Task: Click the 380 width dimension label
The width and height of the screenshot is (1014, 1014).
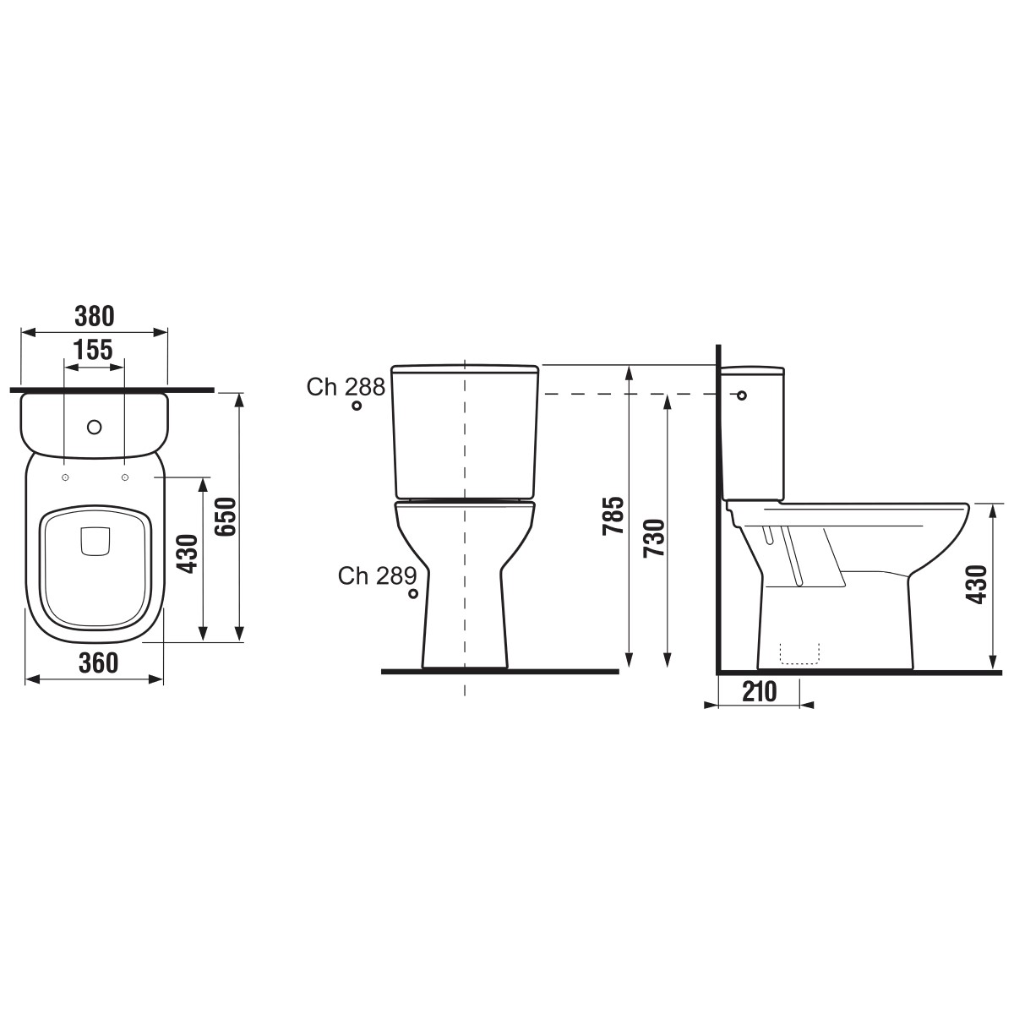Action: (x=94, y=316)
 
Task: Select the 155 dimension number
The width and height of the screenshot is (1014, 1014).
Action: (x=93, y=349)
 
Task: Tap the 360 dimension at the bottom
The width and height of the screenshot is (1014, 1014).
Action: (x=98, y=663)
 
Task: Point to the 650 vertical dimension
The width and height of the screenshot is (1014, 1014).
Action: (x=226, y=517)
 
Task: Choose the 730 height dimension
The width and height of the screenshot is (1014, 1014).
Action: (x=654, y=537)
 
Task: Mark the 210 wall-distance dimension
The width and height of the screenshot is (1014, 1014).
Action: (x=760, y=692)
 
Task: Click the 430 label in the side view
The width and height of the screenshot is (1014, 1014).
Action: (x=977, y=584)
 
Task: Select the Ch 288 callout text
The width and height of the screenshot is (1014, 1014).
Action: (x=346, y=387)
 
